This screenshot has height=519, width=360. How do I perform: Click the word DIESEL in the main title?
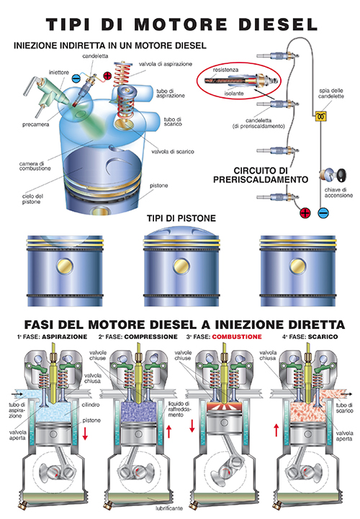click(x=278, y=24)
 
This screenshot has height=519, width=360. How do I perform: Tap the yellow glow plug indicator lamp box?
click(x=320, y=116)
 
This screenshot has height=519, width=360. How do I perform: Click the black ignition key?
click(x=341, y=175)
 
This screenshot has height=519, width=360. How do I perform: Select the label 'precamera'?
click(x=36, y=125)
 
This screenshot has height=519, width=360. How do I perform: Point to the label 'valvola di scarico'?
click(x=173, y=152)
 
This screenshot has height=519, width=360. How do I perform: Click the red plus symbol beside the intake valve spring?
click(x=107, y=76)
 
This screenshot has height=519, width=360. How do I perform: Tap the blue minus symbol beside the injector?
click(x=76, y=78)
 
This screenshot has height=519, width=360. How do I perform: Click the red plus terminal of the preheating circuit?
click(x=305, y=213)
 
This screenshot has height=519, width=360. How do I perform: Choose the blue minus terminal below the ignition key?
click(x=323, y=213)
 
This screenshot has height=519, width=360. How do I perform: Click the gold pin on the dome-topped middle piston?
click(x=181, y=266)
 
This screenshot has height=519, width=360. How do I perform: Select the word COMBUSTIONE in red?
click(x=237, y=337)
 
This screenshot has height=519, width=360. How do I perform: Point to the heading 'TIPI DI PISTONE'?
click(x=181, y=218)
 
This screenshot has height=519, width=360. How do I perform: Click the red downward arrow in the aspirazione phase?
click(x=85, y=433)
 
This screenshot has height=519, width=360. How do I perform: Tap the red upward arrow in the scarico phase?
click(x=276, y=430)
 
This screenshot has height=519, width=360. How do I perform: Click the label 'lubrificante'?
click(x=169, y=508)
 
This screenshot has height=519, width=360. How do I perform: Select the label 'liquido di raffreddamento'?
click(x=179, y=409)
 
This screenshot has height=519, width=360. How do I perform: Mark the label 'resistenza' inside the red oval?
click(x=225, y=70)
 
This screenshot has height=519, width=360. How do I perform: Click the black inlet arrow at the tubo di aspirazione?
click(x=17, y=394)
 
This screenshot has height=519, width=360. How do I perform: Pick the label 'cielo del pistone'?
click(x=32, y=199)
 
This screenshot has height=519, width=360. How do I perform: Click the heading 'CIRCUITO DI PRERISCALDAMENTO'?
click(x=261, y=175)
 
